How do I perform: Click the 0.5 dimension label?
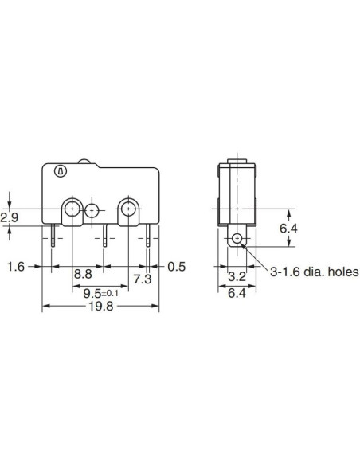coord(176,267)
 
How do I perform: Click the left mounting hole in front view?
coord(72,209)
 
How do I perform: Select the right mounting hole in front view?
coord(127,209)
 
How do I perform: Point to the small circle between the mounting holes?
coord(92,211)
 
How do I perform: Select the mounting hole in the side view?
coord(237,239)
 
